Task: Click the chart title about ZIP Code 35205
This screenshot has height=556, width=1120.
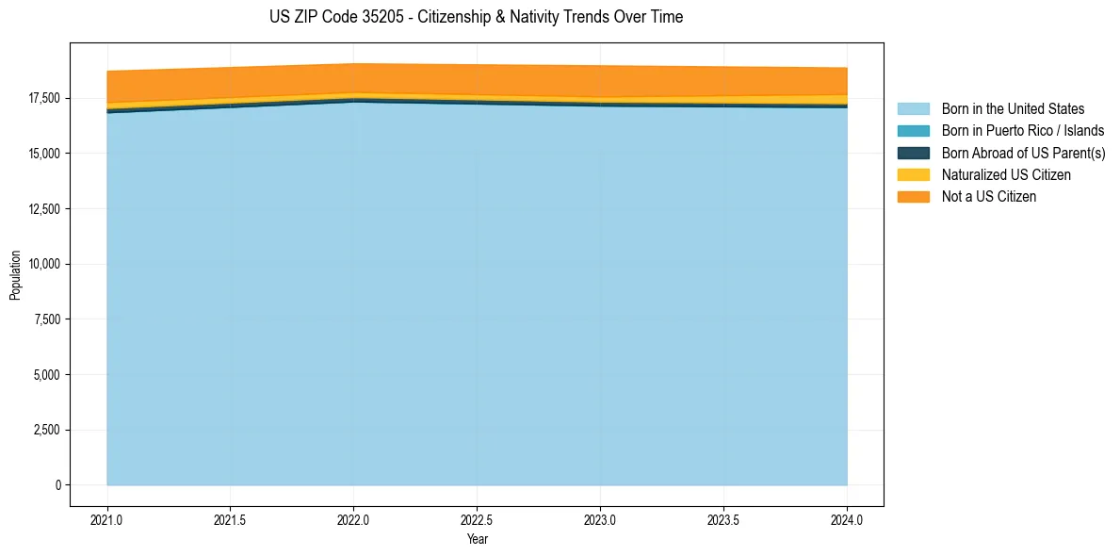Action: pyautogui.click(x=476, y=17)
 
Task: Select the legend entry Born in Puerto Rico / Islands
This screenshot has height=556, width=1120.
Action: pyautogui.click(x=1023, y=131)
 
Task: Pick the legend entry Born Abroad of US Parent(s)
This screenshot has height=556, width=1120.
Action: pyautogui.click(x=1023, y=153)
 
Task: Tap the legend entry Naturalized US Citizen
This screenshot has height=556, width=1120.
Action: pyautogui.click(x=1006, y=174)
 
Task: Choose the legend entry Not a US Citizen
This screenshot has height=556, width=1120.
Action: pyautogui.click(x=988, y=196)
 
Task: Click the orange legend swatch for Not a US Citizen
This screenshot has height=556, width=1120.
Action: pyautogui.click(x=913, y=196)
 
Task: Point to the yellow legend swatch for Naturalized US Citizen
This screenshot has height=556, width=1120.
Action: pyautogui.click(x=913, y=174)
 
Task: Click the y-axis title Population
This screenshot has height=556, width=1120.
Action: pyautogui.click(x=15, y=275)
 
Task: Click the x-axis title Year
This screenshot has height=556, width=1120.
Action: pyautogui.click(x=477, y=539)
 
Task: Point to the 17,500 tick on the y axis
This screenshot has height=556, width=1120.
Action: pyautogui.click(x=44, y=98)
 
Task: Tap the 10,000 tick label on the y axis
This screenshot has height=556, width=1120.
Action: pyautogui.click(x=44, y=264)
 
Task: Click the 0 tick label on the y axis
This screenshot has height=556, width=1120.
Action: pyautogui.click(x=58, y=485)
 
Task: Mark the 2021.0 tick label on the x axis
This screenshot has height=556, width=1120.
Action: pyautogui.click(x=107, y=519)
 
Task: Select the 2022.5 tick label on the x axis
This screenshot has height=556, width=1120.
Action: pyautogui.click(x=477, y=519)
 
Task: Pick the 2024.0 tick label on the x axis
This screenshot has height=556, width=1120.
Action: pyautogui.click(x=847, y=519)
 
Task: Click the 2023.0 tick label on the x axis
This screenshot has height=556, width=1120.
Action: pyautogui.click(x=600, y=519)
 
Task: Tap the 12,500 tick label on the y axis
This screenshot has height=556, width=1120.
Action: pyautogui.click(x=44, y=208)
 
